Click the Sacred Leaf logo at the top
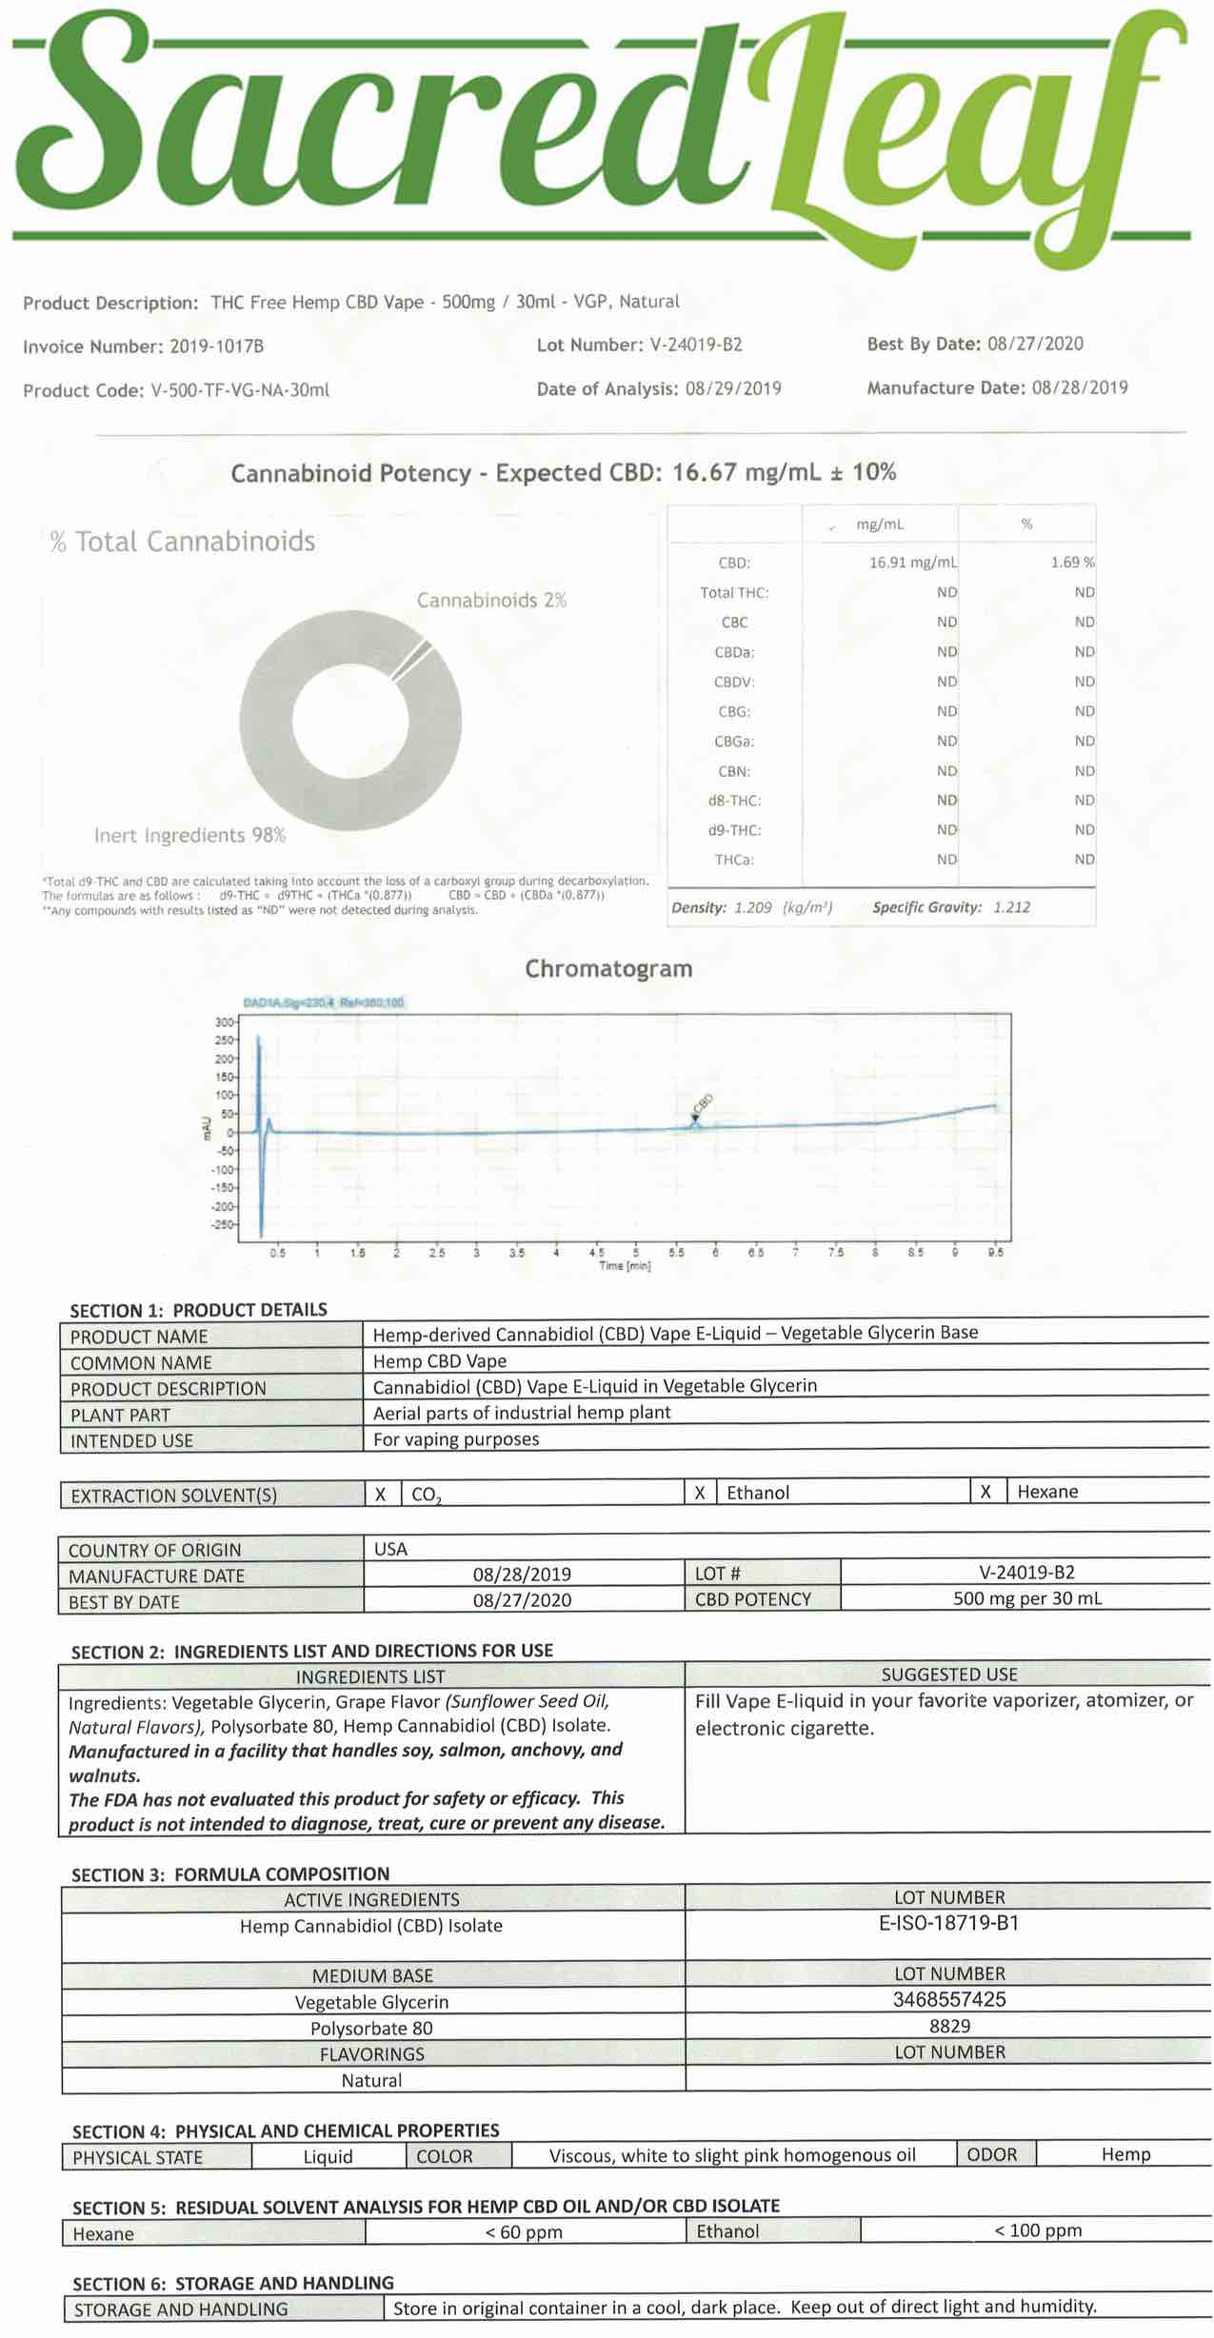pos(600,133)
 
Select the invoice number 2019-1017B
pos(216,347)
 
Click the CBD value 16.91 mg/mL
pos(912,563)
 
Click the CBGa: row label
pos(735,741)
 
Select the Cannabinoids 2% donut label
pos(491,601)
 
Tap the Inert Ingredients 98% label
pos(189,836)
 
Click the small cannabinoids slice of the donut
pos(412,660)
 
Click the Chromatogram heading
pos(608,969)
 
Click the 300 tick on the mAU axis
pos(224,1022)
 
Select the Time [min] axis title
pos(625,1265)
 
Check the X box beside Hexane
pos(985,1492)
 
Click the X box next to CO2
pos(381,1495)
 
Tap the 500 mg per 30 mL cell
pos(1026,1598)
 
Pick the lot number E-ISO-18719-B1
pos(948,1923)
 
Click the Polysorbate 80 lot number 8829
pos(949,2026)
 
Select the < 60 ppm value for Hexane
pos(524,2232)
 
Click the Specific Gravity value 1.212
pos(1011,907)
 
